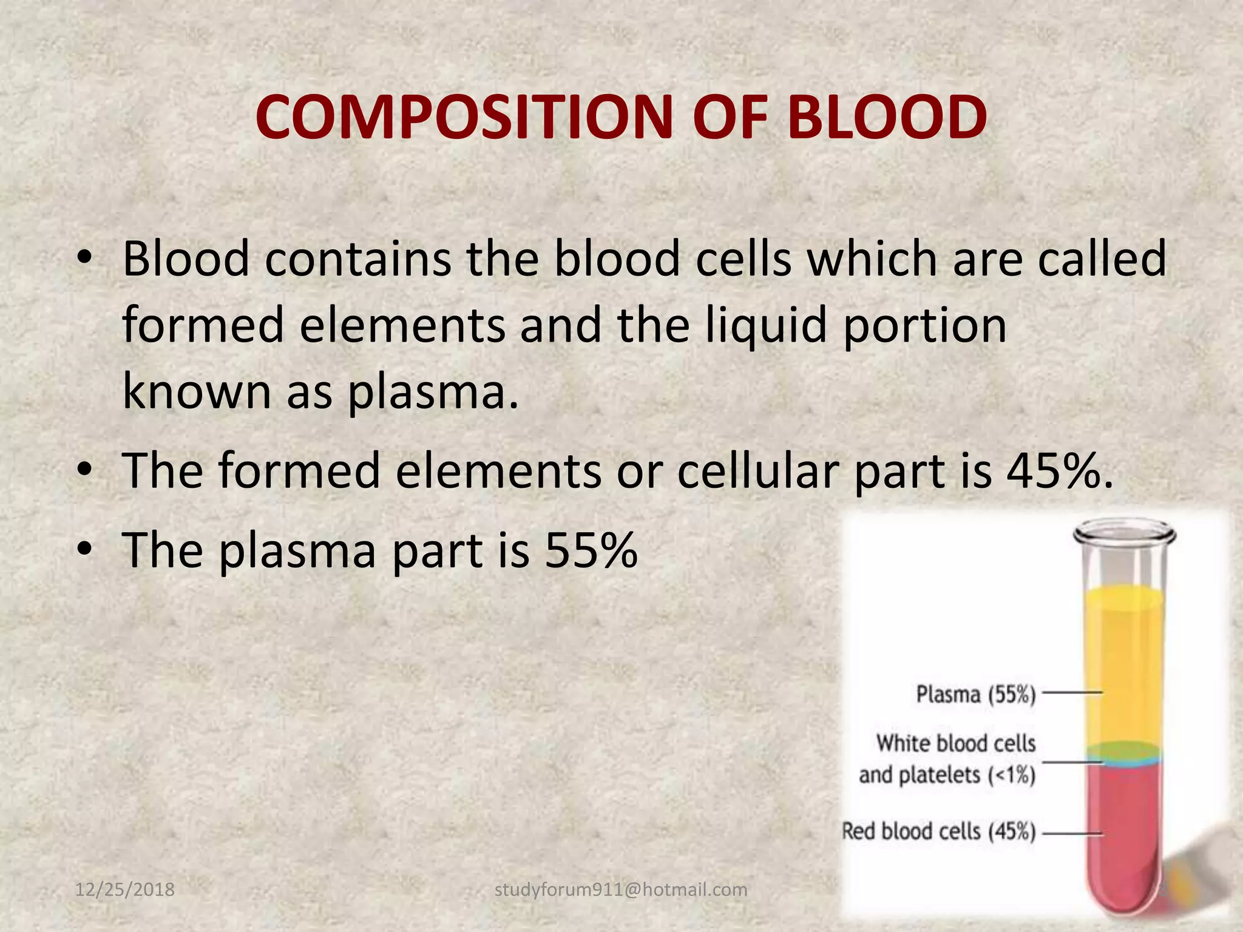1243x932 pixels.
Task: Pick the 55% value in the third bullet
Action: [591, 550]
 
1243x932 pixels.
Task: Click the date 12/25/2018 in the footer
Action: [124, 890]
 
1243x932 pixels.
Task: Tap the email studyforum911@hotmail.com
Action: [621, 890]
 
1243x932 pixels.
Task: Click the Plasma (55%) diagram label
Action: [975, 694]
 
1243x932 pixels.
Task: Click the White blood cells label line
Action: [955, 743]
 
